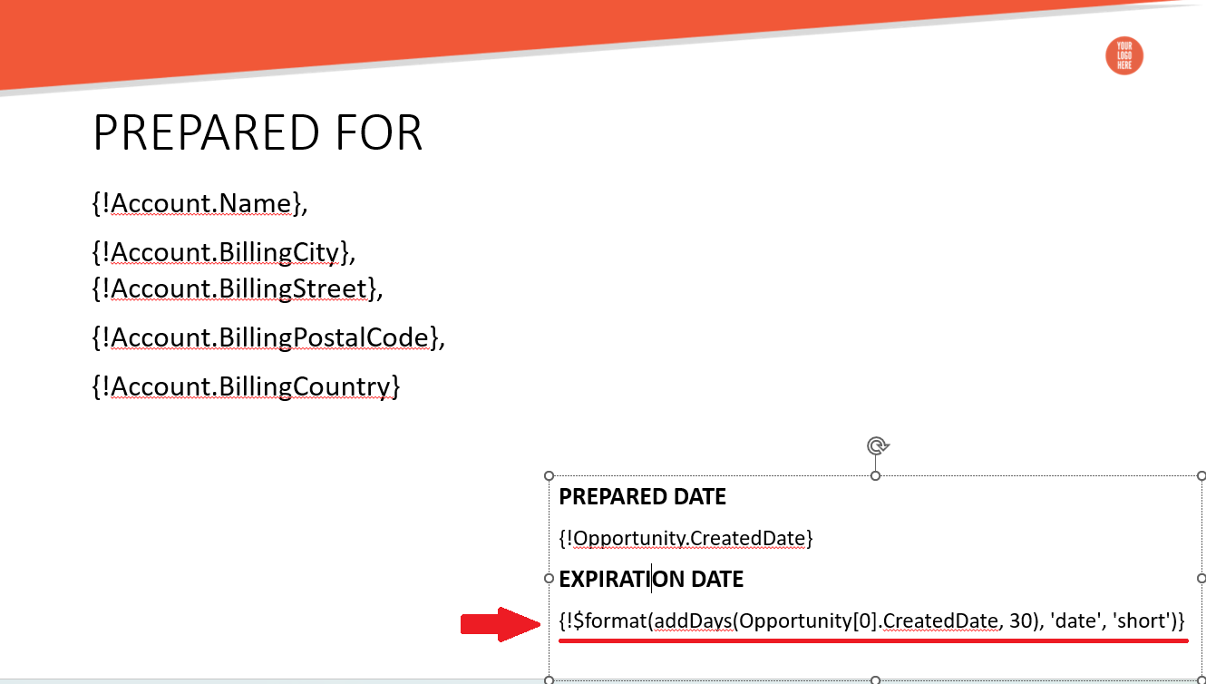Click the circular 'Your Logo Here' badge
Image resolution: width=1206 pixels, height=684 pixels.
(x=1124, y=55)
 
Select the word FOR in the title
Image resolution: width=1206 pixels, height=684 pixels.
(x=379, y=132)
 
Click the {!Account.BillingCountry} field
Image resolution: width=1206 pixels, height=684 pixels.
(x=246, y=386)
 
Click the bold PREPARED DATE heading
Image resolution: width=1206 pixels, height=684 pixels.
(x=642, y=496)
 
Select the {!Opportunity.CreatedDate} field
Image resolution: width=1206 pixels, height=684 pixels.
(x=686, y=539)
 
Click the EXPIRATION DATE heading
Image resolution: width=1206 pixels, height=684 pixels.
(x=651, y=580)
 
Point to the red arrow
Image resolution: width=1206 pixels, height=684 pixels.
(x=501, y=624)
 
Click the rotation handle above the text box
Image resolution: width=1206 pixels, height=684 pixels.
(x=877, y=446)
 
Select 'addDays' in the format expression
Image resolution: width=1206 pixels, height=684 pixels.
(x=693, y=621)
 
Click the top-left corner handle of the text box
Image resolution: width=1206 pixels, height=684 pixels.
(x=550, y=475)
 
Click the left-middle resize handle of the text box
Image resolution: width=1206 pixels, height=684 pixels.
(x=550, y=579)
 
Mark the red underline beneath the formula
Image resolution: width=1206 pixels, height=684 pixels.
(x=873, y=641)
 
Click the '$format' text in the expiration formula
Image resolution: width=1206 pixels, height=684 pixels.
(x=609, y=621)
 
